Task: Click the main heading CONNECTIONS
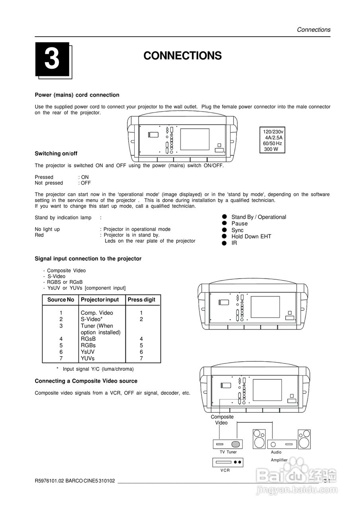click(x=182, y=56)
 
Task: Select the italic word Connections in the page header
click(x=313, y=29)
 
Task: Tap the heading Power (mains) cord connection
click(x=77, y=95)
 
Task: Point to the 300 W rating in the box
click(x=271, y=149)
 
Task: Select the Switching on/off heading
click(x=56, y=153)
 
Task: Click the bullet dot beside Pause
click(x=224, y=224)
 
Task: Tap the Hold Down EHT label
click(x=251, y=236)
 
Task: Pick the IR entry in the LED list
click(x=234, y=243)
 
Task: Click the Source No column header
click(x=61, y=300)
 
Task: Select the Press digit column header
click(x=141, y=300)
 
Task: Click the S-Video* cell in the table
click(x=92, y=319)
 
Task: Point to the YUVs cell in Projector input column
click(x=88, y=358)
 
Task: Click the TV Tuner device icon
click(x=228, y=444)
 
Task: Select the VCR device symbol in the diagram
click(x=228, y=462)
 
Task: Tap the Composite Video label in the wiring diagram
click(x=222, y=420)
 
